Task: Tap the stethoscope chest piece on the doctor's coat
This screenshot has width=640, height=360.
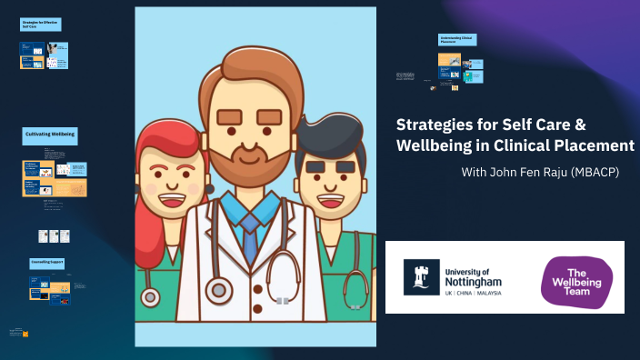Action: click(218, 291)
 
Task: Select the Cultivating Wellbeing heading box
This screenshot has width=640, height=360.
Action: click(49, 134)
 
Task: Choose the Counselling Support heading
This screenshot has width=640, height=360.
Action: click(46, 263)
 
